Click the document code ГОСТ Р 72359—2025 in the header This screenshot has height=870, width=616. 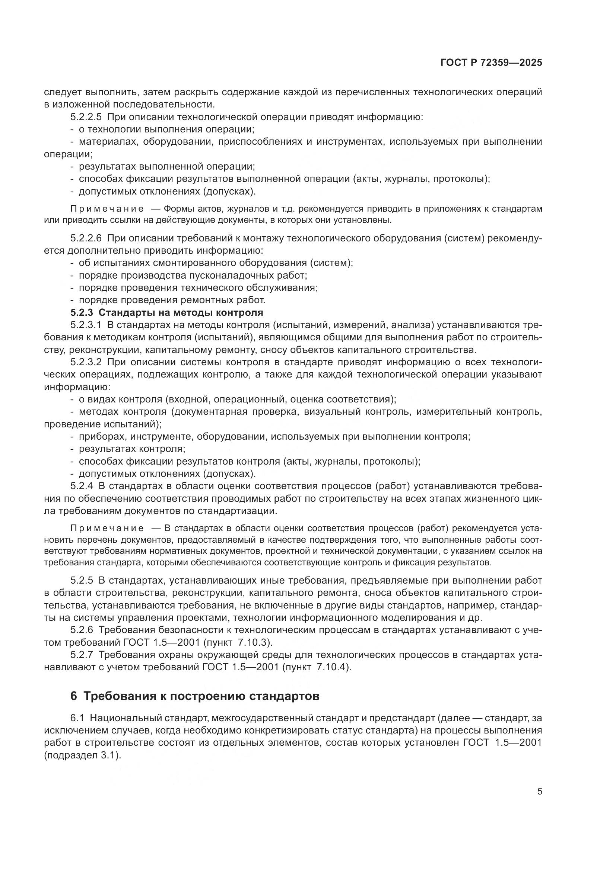(x=491, y=63)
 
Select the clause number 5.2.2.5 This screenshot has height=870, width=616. (x=86, y=117)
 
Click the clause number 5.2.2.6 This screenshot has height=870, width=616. (x=86, y=238)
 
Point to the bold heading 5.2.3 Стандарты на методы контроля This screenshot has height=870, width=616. (x=166, y=312)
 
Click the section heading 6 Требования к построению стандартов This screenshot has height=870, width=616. (x=195, y=696)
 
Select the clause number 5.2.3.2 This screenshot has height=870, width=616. (x=86, y=362)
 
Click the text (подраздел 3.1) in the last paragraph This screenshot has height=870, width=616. (x=83, y=755)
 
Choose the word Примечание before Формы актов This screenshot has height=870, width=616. (x=107, y=209)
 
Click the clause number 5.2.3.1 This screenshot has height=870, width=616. (x=86, y=325)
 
